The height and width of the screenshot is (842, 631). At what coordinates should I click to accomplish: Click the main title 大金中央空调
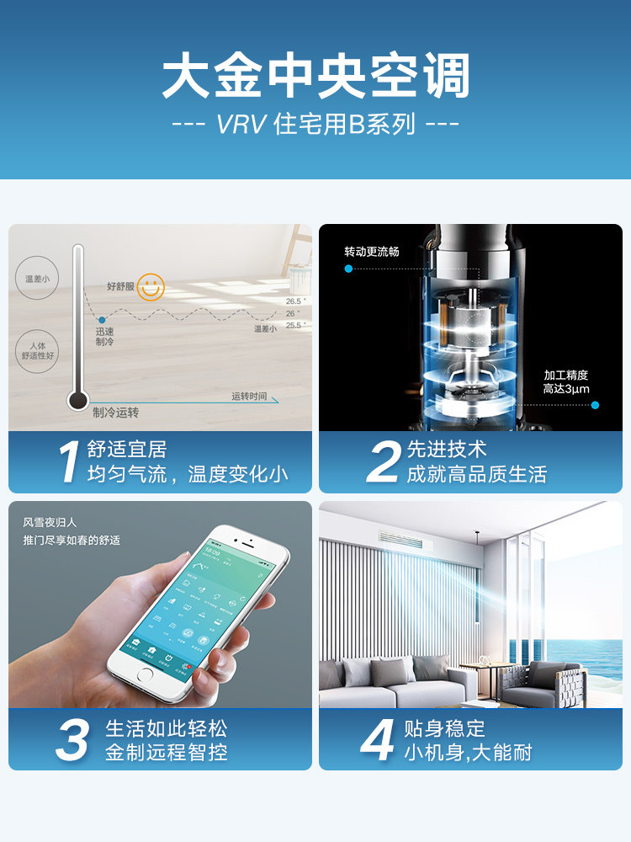tap(315, 77)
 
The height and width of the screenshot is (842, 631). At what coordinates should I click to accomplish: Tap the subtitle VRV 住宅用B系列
tap(315, 125)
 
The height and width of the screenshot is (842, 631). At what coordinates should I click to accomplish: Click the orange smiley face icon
tap(151, 286)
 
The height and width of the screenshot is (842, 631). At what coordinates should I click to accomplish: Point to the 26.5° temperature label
tap(294, 301)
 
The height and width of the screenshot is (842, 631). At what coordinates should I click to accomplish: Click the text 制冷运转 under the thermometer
tap(115, 413)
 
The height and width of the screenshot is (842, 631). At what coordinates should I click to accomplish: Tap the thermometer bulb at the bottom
tap(78, 401)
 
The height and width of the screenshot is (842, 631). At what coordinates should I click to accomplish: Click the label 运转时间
tap(249, 397)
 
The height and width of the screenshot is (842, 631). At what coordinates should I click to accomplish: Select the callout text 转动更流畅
tap(371, 252)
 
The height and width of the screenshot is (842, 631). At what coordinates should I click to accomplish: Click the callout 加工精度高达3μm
tap(566, 382)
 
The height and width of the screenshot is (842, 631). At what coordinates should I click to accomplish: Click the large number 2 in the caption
tap(384, 462)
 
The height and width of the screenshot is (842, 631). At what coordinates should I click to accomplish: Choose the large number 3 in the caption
tap(72, 740)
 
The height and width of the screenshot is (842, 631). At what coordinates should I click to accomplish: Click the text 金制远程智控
tap(166, 752)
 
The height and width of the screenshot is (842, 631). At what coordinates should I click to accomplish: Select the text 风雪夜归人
tap(50, 523)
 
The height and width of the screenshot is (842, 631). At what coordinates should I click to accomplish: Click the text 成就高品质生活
tap(476, 474)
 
